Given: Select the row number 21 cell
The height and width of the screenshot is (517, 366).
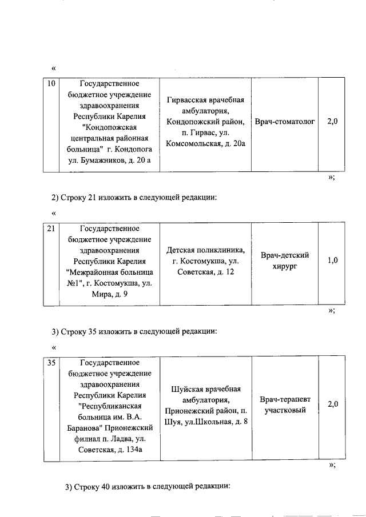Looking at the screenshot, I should (x=51, y=229).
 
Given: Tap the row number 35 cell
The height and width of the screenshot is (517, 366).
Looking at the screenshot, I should (x=51, y=363).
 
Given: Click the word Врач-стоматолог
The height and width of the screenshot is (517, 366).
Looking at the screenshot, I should (x=285, y=122).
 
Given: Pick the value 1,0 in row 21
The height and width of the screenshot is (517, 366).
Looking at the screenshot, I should (x=332, y=260).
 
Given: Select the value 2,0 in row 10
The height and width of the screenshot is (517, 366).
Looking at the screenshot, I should (x=332, y=122).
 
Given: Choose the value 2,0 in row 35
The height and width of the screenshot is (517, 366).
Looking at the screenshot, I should (x=332, y=404).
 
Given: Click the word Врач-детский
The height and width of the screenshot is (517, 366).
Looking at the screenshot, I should (x=284, y=255).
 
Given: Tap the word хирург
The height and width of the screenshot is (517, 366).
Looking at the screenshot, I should (x=284, y=266).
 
